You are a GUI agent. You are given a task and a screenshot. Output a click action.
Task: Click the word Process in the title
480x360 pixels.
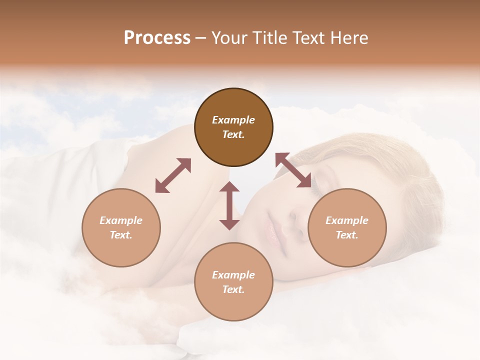(157, 38)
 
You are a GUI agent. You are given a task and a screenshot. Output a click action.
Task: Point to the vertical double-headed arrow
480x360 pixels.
(229, 205)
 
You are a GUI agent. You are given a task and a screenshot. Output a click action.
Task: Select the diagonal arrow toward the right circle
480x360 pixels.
(293, 170)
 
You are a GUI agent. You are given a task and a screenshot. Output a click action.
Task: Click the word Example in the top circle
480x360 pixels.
(233, 120)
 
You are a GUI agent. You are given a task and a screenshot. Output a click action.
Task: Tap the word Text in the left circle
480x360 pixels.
(121, 235)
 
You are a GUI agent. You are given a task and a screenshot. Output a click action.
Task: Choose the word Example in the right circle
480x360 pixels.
(347, 220)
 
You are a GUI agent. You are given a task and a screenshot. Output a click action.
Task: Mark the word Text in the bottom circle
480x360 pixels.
(233, 289)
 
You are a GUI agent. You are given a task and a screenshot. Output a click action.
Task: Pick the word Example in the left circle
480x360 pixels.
(121, 220)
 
